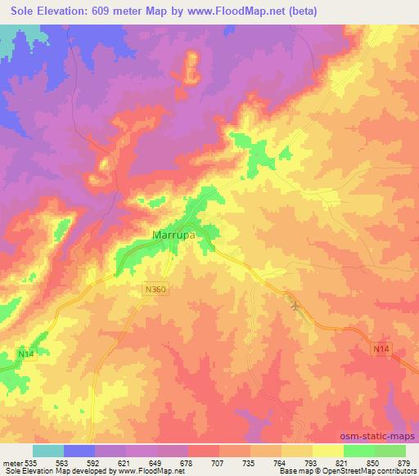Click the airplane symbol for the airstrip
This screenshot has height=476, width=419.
pyautogui.click(x=295, y=307)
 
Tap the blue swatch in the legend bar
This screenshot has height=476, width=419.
pyautogui.click(x=80, y=451)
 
